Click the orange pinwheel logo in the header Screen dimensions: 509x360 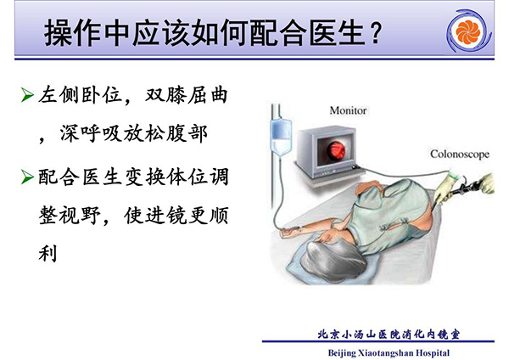coord(467,32)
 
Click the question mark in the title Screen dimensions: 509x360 coord(375,33)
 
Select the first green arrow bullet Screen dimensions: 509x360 coord(27,95)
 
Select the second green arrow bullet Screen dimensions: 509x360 coord(27,177)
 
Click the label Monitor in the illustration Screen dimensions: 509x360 coord(348,110)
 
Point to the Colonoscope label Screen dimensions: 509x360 coord(460,154)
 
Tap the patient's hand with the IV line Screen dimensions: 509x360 coord(288,233)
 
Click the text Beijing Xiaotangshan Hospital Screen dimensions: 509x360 coord(389,352)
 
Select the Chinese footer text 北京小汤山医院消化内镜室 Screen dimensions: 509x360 coord(389,335)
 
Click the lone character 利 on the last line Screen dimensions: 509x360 coord(48,253)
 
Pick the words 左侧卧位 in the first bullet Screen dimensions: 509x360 coord(80,95)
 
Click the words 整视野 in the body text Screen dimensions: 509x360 coord(70,215)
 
